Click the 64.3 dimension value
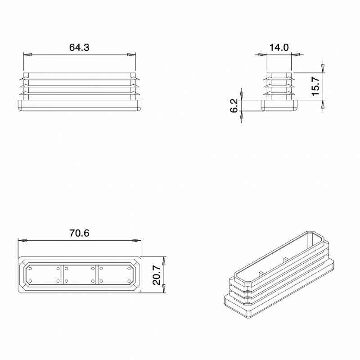(79, 47)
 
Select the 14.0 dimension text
(279, 47)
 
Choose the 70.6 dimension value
(79, 233)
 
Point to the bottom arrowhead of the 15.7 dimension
(323, 103)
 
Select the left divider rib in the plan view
(62, 274)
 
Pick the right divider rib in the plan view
(97, 274)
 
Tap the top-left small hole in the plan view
(31, 268)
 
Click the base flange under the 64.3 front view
(79, 106)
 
